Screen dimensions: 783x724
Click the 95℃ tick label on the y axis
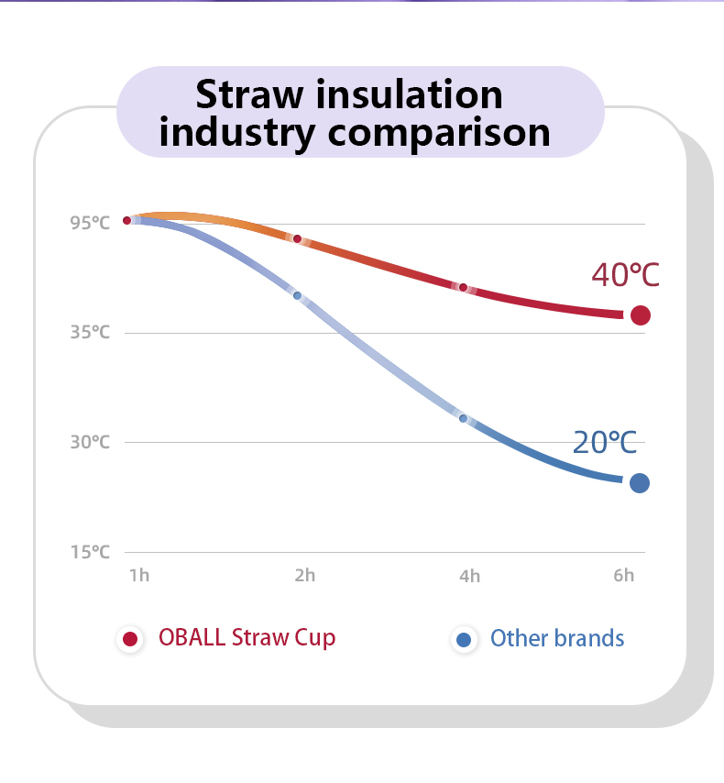coord(90,223)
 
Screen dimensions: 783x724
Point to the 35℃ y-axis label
coord(90,332)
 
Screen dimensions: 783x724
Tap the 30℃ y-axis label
coord(90,442)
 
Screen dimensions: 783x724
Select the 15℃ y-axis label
coord(90,552)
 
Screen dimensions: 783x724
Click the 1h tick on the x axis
coord(139,576)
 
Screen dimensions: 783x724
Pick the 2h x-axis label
coord(304,576)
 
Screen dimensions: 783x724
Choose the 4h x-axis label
coord(469,576)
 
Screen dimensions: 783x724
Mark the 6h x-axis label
coord(624,576)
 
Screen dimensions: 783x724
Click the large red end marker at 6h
coord(640,315)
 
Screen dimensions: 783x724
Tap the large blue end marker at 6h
coord(640,483)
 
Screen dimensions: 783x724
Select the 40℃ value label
coord(626,275)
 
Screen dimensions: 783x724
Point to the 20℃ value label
coord(605,443)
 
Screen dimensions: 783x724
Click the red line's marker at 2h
coord(297,239)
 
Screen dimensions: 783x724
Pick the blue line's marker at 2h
coord(297,296)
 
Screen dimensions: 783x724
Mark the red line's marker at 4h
coord(463,288)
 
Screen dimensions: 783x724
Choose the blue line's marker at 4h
coord(463,419)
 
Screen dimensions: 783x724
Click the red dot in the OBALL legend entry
coord(129,639)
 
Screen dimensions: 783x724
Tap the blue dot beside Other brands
coord(465,639)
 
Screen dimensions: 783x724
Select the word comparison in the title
coord(437,132)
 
